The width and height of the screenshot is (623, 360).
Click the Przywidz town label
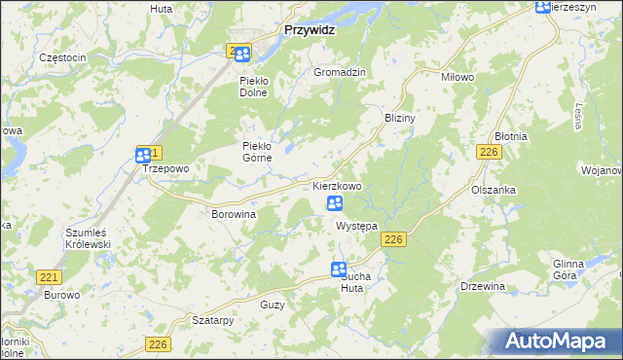coord(311,30)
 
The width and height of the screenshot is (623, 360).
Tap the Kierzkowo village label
coord(338,185)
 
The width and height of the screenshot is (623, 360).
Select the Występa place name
coord(356,226)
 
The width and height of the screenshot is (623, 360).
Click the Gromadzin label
coord(340,73)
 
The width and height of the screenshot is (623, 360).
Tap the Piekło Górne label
coord(261,152)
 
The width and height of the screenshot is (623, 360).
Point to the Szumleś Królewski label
coord(89,239)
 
